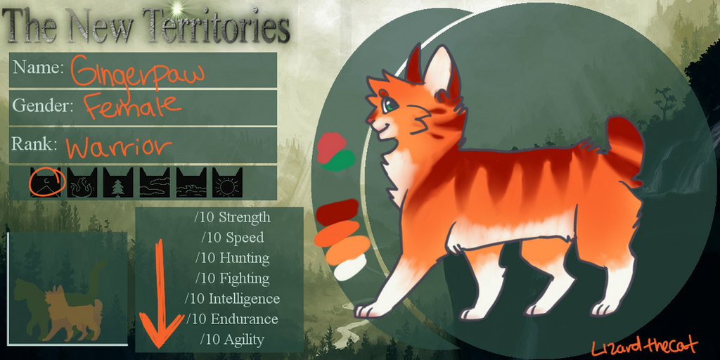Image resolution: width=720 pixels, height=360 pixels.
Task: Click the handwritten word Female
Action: tap(132, 105)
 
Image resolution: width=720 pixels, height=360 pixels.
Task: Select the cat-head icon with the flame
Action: tap(82, 182)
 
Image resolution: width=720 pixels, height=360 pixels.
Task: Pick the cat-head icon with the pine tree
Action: tap(118, 182)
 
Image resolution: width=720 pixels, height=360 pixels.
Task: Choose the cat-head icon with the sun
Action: tap(227, 182)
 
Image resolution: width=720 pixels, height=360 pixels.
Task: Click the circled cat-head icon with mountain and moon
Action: tap(46, 182)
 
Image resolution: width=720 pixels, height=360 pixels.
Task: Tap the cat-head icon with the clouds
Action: tap(155, 182)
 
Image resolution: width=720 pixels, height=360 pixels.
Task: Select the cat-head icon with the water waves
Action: tap(191, 182)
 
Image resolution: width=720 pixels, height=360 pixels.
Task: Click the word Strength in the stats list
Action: tap(244, 218)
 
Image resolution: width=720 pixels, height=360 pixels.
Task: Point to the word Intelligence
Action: tap(244, 299)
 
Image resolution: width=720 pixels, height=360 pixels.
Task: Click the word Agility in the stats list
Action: tap(244, 340)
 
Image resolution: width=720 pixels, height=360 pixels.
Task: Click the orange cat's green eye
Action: tap(390, 106)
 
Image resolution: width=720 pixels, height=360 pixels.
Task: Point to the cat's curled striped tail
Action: tap(624, 148)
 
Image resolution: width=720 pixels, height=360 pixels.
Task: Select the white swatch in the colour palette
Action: tap(350, 267)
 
